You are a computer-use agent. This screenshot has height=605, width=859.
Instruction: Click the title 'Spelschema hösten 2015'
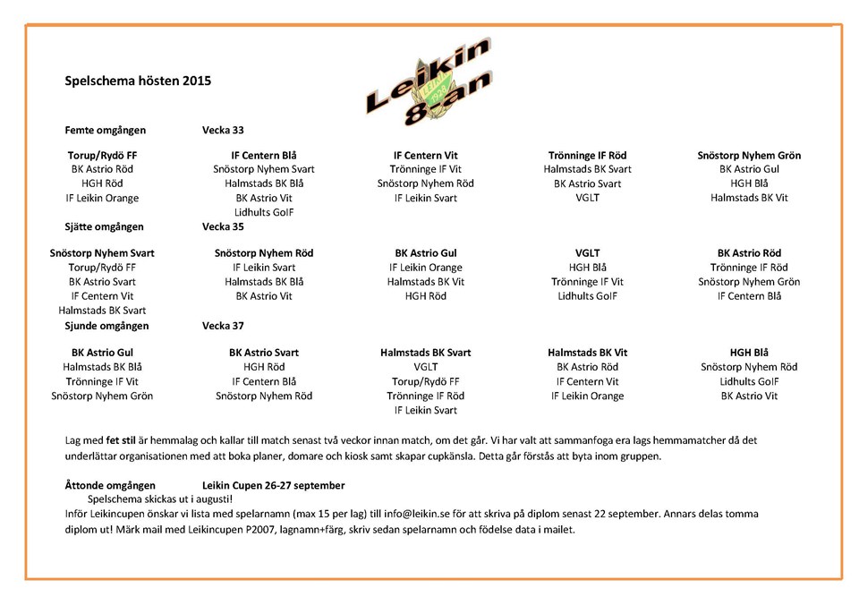coord(138,81)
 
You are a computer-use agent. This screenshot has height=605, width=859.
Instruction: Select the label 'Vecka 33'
coord(223,130)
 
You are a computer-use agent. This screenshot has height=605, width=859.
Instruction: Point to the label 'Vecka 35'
coord(223,226)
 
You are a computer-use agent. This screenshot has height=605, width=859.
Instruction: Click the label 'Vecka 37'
coord(223,326)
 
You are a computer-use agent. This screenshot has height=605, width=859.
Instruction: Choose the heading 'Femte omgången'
coord(105,130)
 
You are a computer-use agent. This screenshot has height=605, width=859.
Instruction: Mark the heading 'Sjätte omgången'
coord(105,226)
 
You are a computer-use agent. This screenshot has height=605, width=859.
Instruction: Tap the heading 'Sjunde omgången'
coord(106,326)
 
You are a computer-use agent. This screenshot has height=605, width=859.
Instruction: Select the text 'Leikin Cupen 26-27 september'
coord(273,485)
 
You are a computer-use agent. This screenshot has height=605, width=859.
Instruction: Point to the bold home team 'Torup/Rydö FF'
coord(102,155)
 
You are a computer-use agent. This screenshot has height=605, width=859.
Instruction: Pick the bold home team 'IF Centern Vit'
coord(425,155)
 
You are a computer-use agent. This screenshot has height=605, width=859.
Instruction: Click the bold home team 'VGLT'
coord(587,253)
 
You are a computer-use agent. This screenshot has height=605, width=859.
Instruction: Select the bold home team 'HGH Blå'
coord(749,353)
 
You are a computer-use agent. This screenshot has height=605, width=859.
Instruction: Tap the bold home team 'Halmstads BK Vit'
coord(587,353)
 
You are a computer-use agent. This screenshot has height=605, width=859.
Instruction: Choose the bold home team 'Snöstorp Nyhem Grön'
coord(749,155)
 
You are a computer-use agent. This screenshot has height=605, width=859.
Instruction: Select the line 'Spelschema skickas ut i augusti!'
coord(160,498)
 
